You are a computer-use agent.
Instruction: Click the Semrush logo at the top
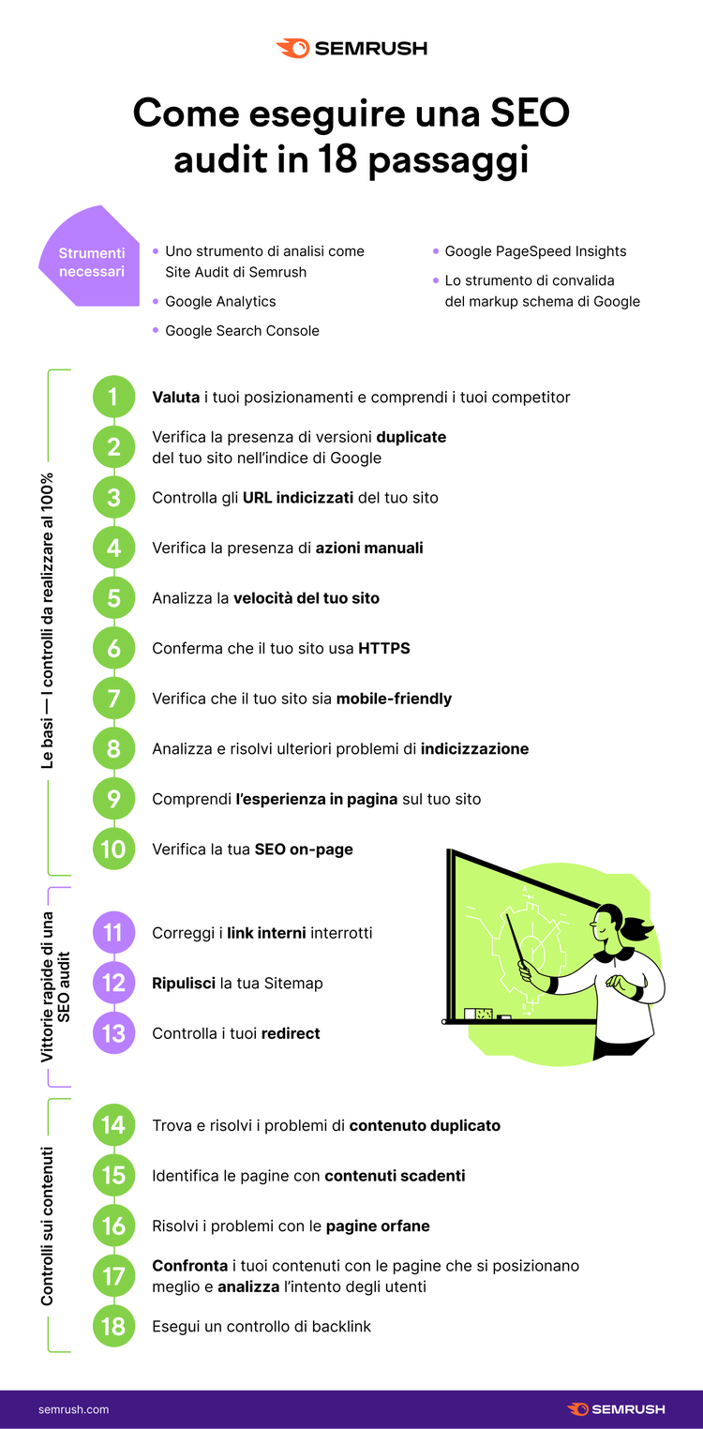click(351, 49)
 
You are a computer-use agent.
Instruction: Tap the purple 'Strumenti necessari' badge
click(91, 259)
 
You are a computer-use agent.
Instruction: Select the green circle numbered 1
click(113, 397)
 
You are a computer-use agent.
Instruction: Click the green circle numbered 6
click(113, 648)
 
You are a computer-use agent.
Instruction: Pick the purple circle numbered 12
click(113, 983)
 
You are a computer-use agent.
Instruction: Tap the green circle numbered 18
click(113, 1326)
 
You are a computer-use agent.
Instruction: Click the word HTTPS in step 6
click(384, 648)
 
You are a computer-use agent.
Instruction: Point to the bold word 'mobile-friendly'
click(394, 699)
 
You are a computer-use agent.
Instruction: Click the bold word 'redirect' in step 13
click(291, 1033)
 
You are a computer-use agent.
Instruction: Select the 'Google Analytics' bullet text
click(220, 301)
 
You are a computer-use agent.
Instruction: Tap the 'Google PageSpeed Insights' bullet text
click(535, 251)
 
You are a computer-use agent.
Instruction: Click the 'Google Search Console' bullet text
click(242, 330)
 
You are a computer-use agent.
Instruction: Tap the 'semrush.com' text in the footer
click(73, 1409)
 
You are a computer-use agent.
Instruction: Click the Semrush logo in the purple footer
click(616, 1408)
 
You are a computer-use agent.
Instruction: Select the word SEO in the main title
click(530, 113)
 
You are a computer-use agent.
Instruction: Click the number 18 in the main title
click(337, 158)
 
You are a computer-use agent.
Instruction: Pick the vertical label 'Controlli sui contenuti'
click(47, 1226)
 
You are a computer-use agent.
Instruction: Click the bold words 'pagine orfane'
click(378, 1226)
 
